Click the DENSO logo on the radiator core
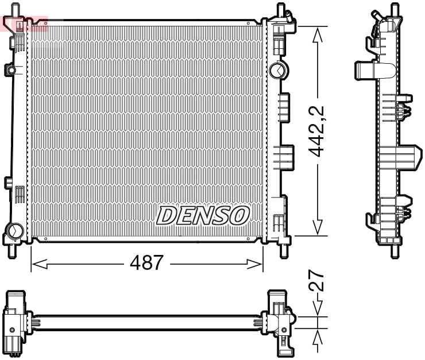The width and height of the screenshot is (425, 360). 203,215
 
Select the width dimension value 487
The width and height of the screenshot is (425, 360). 146,264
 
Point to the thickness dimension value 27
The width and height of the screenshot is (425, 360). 316,282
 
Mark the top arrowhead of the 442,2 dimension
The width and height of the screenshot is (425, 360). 315,33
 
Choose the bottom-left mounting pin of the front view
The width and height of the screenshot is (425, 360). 11,250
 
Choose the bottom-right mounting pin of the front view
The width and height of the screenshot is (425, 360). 283,250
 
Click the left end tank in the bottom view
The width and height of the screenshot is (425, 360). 15,322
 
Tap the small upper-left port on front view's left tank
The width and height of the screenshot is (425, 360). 11,70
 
